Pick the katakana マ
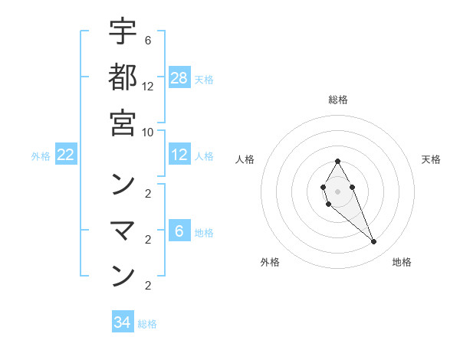pos(123,229)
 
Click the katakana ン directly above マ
pos(123,184)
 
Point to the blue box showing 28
pos(179,77)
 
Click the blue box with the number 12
pos(179,155)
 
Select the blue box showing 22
pos(66,155)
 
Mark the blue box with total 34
pos(123,322)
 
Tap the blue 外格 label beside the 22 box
pos(41,156)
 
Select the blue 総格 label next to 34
pos(148,323)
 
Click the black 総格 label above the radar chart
pos(337,100)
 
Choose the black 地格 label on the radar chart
pos(402,262)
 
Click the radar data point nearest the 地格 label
pos(374,242)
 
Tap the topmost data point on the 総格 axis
pos(337,161)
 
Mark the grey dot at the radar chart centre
pos(337,190)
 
